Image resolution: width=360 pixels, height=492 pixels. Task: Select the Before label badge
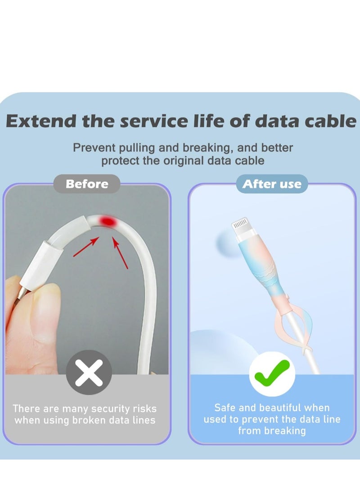tap(87, 184)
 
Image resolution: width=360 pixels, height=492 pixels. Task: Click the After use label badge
tap(272, 184)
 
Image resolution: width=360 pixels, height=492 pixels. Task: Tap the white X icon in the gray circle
tap(89, 373)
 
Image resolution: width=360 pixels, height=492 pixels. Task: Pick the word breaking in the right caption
tap(284, 431)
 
